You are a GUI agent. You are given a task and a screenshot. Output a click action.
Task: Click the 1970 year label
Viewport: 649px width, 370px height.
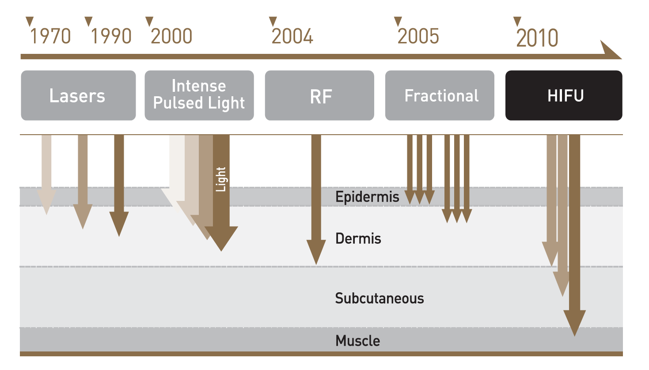pos(50,36)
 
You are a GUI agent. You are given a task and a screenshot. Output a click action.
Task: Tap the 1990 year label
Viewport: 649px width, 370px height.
pos(111,36)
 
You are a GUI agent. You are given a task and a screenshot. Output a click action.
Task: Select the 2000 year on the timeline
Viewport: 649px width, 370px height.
pos(171,36)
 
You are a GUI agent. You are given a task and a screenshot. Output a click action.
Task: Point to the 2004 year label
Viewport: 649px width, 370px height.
pos(292,36)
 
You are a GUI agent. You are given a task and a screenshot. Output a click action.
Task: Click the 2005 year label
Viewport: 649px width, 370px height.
pos(418,36)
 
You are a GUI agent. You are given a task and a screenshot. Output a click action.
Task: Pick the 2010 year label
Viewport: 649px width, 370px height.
pos(537,38)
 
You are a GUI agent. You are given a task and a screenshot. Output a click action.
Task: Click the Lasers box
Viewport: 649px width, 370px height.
pos(78,95)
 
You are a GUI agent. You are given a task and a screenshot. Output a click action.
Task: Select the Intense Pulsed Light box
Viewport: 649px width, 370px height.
pos(199,95)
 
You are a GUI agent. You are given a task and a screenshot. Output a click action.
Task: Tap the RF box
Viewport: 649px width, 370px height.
pos(319,95)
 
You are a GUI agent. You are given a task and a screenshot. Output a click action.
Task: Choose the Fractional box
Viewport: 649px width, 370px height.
pos(440,95)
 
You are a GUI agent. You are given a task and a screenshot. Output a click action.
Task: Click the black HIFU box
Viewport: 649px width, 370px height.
pos(564,95)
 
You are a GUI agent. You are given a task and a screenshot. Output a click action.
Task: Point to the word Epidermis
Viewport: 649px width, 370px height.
pos(367,197)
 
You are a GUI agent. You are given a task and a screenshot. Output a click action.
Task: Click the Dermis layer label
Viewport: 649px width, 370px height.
pos(358,238)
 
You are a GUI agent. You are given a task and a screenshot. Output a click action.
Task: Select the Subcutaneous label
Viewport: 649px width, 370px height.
pos(380,298)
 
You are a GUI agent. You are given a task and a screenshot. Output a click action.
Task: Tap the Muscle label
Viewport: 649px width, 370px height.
pos(358,340)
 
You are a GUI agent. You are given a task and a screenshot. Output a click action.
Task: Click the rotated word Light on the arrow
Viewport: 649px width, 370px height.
pos(221,179)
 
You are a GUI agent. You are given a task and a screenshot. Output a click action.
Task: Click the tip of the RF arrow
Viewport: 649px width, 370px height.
pos(316,264)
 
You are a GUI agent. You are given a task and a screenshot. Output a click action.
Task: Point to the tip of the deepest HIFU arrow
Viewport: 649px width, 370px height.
pos(574,336)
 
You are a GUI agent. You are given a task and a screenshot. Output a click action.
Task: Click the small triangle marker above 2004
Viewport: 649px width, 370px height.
pos(273,21)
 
